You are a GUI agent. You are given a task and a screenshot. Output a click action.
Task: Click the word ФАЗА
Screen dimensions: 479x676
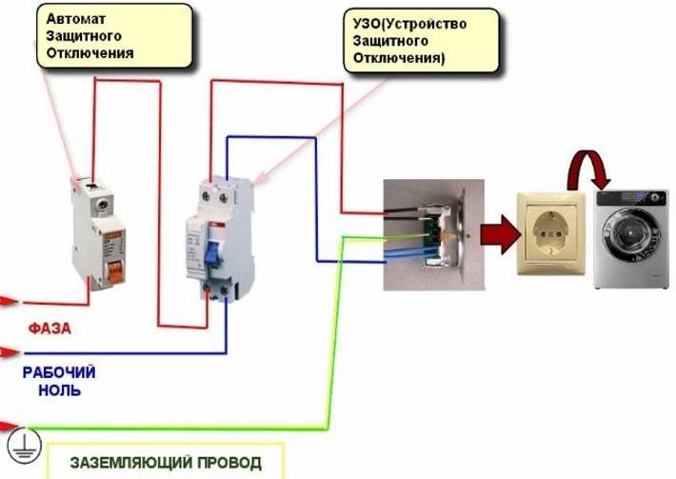pyautogui.click(x=50, y=329)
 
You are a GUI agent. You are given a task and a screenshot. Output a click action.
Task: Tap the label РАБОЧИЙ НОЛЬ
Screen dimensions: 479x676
pyautogui.click(x=59, y=381)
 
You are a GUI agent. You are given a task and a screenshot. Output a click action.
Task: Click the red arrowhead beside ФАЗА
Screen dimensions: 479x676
pyautogui.click(x=10, y=301)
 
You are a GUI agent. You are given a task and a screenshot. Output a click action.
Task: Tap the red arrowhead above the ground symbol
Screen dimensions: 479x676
pyautogui.click(x=10, y=424)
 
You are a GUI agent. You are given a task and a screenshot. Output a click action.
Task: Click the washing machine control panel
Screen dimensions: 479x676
pyautogui.click(x=632, y=197)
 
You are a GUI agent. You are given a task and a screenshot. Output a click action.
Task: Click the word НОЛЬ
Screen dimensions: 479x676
pyautogui.click(x=59, y=390)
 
